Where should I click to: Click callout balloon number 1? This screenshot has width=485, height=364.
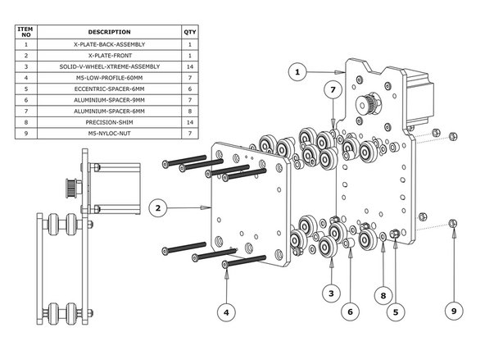300,72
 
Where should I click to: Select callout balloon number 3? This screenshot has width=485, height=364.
329,292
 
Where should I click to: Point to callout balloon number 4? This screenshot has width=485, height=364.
226,312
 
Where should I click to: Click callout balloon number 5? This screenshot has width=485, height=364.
397,312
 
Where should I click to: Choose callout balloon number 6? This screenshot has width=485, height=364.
350,312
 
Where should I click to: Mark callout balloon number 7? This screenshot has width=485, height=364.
333,89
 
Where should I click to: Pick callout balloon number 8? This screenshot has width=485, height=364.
383,292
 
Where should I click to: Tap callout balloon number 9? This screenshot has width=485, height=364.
456,312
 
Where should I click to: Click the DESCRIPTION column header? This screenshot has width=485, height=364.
109,32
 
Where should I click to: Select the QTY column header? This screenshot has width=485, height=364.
192,32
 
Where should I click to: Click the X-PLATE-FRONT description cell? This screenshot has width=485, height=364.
109,55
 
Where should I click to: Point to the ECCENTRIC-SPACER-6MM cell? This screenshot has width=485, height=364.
109,88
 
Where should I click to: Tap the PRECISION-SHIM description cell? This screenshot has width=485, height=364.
109,121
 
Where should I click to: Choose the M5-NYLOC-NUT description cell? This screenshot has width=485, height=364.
109,132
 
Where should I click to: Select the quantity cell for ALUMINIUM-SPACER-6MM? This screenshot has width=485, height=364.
192,110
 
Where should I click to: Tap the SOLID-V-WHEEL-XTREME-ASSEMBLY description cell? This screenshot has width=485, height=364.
109,66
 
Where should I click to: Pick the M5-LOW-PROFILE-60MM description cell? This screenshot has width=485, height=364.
109,77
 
